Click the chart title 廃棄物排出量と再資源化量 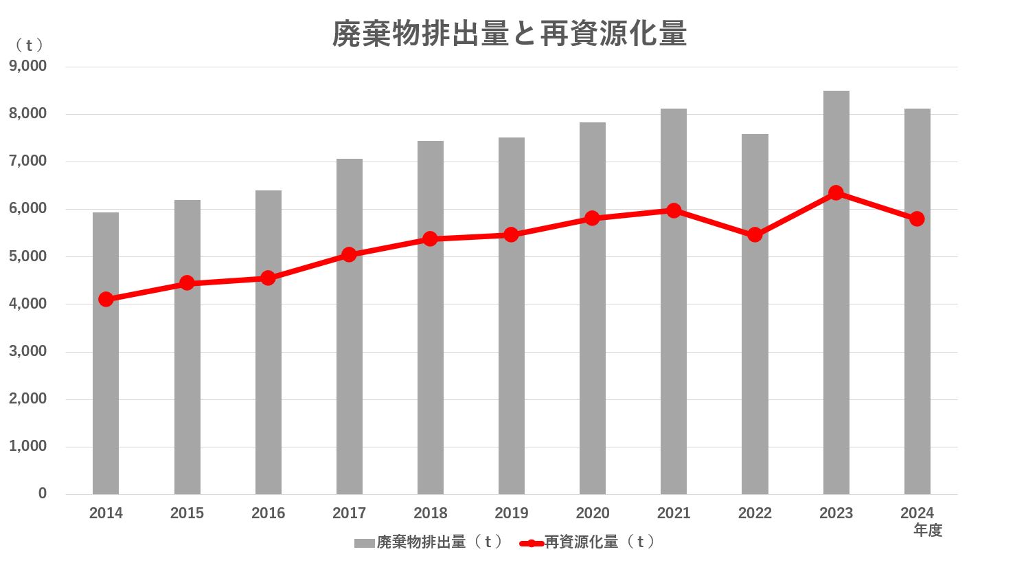click(x=510, y=33)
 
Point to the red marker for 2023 click(x=836, y=192)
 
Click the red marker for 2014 click(x=106, y=299)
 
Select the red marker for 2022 click(x=755, y=234)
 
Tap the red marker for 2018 click(x=430, y=239)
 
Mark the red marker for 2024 click(x=917, y=219)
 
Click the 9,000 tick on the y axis click(x=28, y=66)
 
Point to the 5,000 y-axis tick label click(x=28, y=256)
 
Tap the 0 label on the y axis click(x=43, y=494)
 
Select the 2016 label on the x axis click(x=268, y=513)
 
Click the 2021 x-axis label click(x=673, y=513)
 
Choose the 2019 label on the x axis click(x=511, y=513)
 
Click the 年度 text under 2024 click(x=928, y=530)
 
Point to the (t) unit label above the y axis click(x=30, y=45)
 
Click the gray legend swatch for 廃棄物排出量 click(x=364, y=543)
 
